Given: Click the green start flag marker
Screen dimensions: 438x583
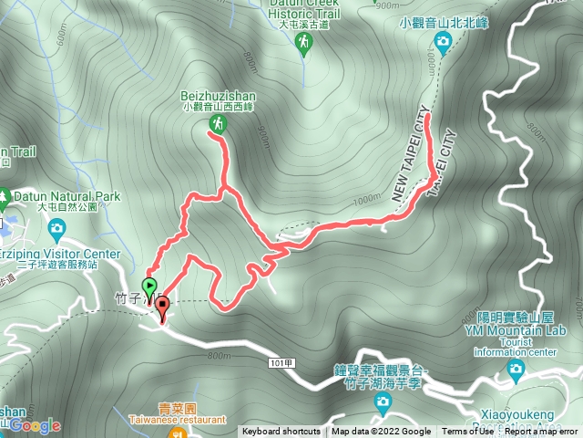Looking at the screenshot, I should [149, 286].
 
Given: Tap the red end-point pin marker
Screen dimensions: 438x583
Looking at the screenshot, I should [163, 308].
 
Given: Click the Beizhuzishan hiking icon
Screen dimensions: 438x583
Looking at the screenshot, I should [218, 121].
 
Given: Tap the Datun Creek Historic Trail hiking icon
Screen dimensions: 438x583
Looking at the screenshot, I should [304, 46].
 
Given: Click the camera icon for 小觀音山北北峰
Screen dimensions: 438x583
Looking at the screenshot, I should [443, 40].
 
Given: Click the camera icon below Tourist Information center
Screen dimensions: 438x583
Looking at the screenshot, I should [517, 369].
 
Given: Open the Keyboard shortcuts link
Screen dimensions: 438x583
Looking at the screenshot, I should [281, 432].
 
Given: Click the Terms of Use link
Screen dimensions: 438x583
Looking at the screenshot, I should [467, 432].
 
